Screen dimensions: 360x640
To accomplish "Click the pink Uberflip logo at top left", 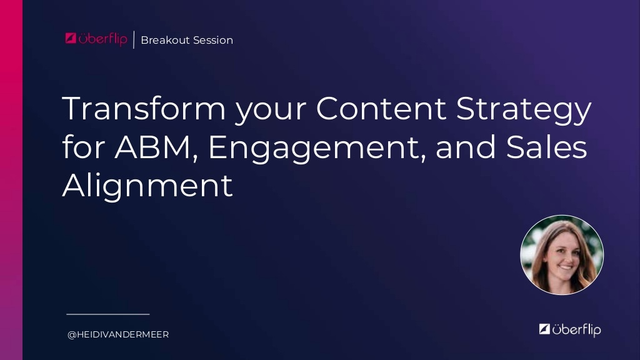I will (96, 39).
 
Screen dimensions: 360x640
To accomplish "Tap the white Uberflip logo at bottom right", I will (569, 329).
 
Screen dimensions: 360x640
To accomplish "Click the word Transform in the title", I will (144, 109).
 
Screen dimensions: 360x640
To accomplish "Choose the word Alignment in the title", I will (147, 186).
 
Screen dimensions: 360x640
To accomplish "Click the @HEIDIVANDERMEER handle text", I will (118, 335).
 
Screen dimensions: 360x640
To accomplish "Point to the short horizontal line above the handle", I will (108, 314).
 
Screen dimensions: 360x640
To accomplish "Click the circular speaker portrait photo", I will (562, 255).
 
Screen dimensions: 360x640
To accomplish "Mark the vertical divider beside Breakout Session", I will (134, 39).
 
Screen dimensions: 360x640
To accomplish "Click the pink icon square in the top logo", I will (71, 38).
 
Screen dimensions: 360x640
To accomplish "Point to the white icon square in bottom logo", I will (544, 329).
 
